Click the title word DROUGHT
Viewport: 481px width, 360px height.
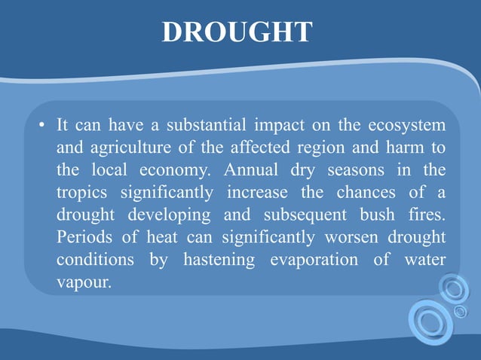237,32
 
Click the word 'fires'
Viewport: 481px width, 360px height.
425,215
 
